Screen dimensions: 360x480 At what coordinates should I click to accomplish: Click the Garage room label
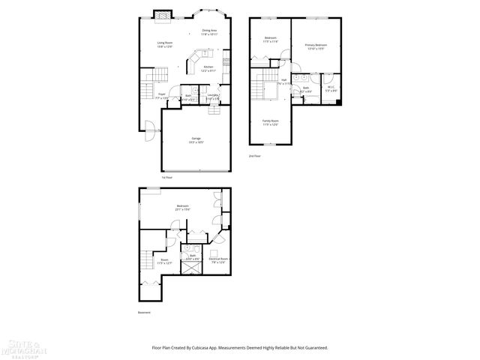tap(196, 140)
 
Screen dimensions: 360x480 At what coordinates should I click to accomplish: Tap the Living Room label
tap(165, 44)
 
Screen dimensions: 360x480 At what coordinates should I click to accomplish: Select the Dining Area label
tap(209, 31)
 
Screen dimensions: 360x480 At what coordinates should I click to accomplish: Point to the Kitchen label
tap(208, 69)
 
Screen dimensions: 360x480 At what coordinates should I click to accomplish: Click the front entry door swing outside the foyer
tap(148, 133)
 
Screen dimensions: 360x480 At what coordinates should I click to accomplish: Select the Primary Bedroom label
tap(316, 47)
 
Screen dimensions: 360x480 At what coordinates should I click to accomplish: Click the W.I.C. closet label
tap(331, 89)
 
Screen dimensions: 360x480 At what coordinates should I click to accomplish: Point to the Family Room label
tap(270, 122)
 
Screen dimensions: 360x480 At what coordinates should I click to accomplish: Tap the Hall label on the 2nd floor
tap(284, 82)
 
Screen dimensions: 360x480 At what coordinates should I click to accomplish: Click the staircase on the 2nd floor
tap(262, 85)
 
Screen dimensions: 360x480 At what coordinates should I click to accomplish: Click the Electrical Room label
tap(218, 260)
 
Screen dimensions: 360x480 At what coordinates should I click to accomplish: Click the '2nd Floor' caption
tap(255, 156)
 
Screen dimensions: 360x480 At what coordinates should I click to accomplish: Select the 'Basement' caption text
tap(145, 312)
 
